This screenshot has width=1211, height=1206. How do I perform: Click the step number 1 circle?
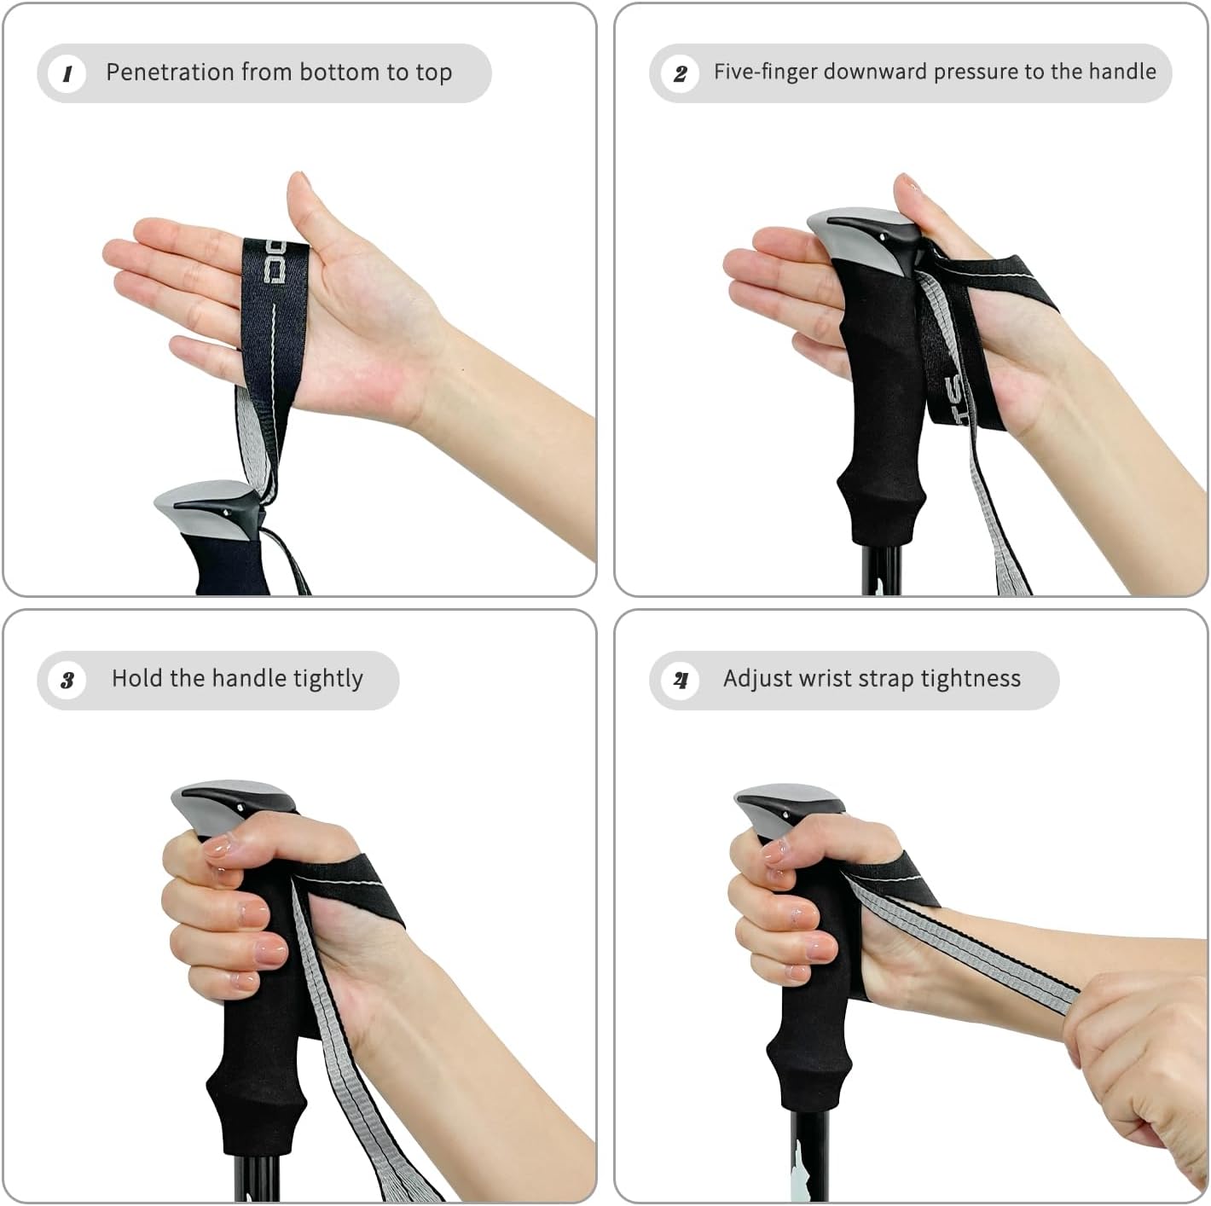67,73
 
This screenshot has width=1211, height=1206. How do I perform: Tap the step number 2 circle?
680,73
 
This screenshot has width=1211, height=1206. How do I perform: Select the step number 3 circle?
67,680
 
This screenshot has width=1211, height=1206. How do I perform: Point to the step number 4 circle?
680,680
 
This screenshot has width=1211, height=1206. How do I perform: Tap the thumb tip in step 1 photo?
298,179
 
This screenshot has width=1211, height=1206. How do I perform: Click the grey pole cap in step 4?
785,806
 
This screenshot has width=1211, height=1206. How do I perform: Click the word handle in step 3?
249,678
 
